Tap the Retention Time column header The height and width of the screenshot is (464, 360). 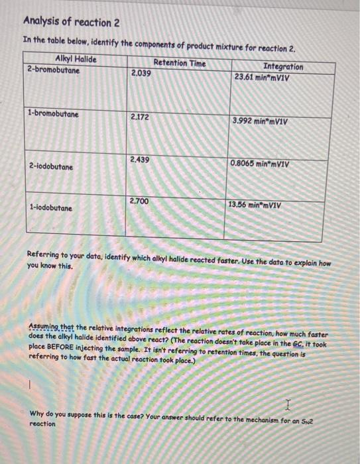[179, 64]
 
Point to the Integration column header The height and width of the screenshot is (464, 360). [283, 66]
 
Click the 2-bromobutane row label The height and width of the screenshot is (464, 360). [53, 69]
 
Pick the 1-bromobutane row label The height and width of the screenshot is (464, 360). [53, 114]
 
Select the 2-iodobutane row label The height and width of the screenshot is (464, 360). [51, 167]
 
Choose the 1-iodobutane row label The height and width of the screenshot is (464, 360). [51, 208]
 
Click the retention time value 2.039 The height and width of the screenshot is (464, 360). [141, 73]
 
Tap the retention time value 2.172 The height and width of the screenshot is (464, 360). [140, 117]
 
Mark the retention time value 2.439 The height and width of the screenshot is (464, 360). [140, 160]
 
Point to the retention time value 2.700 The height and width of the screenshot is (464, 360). [139, 200]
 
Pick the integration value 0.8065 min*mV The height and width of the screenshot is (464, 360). [259, 163]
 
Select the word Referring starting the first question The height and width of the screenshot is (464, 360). [46, 255]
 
